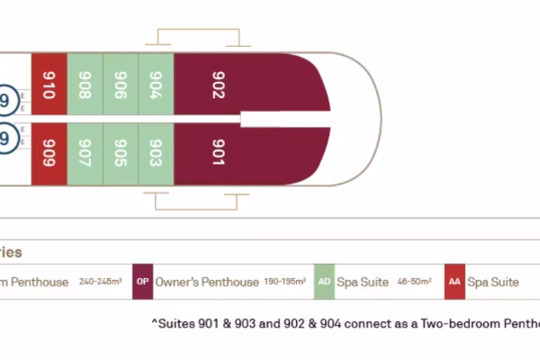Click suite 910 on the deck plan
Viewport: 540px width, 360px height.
(x=49, y=85)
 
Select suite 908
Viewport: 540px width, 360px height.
(x=85, y=85)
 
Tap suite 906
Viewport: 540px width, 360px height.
(x=121, y=85)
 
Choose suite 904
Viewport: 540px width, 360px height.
(x=155, y=85)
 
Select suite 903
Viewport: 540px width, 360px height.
(x=155, y=151)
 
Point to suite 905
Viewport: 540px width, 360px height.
(x=121, y=151)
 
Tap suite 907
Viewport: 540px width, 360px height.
(x=85, y=151)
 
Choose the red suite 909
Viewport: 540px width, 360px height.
(x=49, y=151)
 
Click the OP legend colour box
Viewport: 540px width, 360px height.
(x=142, y=282)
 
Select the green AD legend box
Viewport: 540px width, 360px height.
(x=324, y=282)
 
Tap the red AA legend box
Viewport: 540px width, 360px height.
(x=454, y=282)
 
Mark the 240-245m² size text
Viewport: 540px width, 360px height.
(x=100, y=283)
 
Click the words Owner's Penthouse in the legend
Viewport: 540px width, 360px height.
(x=207, y=283)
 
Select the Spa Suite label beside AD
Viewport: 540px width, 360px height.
(x=363, y=283)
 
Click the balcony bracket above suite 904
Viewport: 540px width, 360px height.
(x=198, y=37)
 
